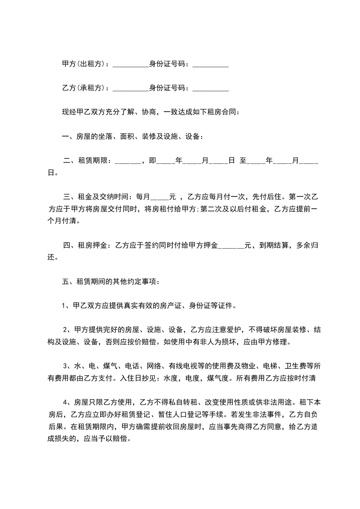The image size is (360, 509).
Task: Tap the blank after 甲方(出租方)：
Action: [130, 65]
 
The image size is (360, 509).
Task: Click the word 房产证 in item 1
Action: [185, 306]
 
